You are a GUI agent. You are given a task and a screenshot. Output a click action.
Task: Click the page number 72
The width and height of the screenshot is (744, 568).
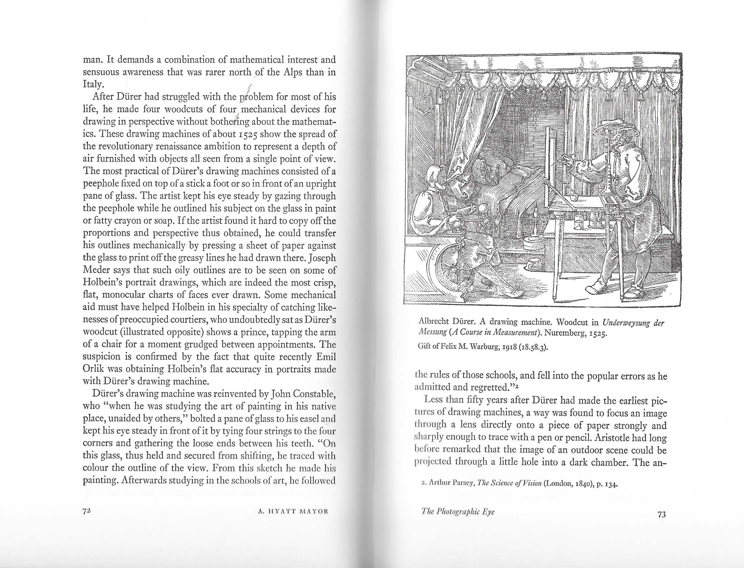coord(87,511)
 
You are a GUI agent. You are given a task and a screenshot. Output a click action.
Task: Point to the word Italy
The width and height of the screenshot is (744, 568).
coord(91,85)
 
